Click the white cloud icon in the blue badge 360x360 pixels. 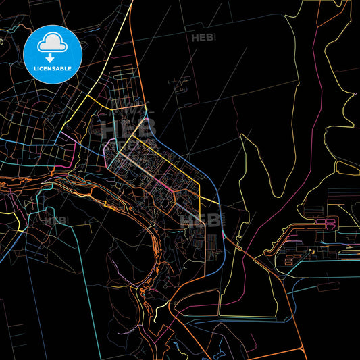click(52, 43)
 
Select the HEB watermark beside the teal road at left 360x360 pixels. click(56, 220)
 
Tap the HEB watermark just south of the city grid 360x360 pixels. click(194, 219)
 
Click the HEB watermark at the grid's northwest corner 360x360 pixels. click(113, 128)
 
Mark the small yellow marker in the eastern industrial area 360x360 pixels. click(311, 253)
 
